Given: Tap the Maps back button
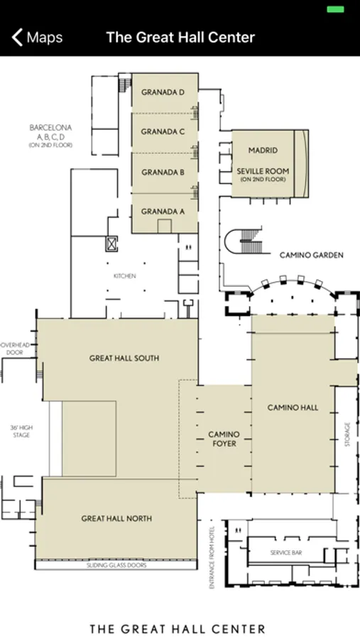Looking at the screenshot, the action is pyautogui.click(x=37, y=38).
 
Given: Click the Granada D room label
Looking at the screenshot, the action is pyautogui.click(x=163, y=92).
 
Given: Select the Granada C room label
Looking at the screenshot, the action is pyautogui.click(x=163, y=131).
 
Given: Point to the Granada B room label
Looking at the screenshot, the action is pyautogui.click(x=163, y=173).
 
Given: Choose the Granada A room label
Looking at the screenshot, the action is pyautogui.click(x=163, y=212).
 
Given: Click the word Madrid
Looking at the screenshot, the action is pyautogui.click(x=263, y=151).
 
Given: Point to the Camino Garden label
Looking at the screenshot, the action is pyautogui.click(x=312, y=255).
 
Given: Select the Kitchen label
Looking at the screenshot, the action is pyautogui.click(x=125, y=276).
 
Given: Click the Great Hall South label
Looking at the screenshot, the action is pyautogui.click(x=124, y=359).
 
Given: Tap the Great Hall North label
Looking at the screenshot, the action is pyautogui.click(x=116, y=518).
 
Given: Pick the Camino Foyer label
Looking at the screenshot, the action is pyautogui.click(x=224, y=439).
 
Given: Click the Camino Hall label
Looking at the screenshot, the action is pyautogui.click(x=293, y=408).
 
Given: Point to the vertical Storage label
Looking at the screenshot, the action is pyautogui.click(x=347, y=435).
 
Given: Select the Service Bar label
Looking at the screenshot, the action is pyautogui.click(x=286, y=552).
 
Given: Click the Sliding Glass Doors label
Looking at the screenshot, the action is pyautogui.click(x=116, y=565).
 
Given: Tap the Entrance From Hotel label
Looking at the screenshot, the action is pyautogui.click(x=212, y=557).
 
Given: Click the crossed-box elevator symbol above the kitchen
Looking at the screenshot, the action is pyautogui.click(x=111, y=244).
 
